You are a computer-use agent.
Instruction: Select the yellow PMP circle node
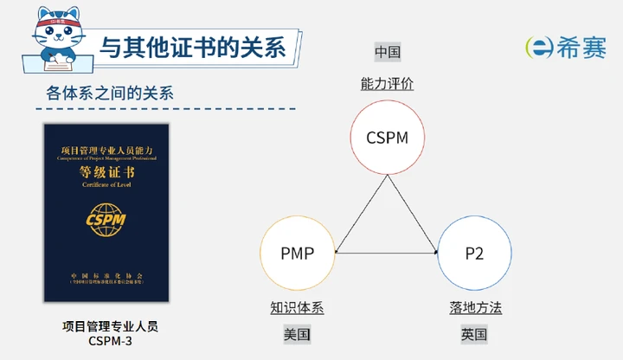click(297, 253)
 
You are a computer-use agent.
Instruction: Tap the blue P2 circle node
click(473, 253)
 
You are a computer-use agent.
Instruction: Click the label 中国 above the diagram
click(387, 52)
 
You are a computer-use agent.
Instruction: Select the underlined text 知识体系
click(297, 307)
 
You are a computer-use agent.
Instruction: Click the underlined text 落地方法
click(475, 307)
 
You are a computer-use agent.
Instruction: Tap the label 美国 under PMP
click(297, 334)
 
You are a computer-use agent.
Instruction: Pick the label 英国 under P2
click(474, 334)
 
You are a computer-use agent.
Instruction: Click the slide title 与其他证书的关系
click(193, 47)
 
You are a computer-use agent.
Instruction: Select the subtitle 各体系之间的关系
click(109, 93)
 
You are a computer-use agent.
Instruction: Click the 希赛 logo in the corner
click(567, 48)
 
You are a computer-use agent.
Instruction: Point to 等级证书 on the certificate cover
click(106, 172)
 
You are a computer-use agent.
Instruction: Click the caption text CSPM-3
click(110, 340)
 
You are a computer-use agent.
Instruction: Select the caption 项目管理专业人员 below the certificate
click(110, 326)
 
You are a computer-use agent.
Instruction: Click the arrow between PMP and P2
click(385, 253)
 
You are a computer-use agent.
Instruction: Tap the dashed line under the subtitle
click(164, 110)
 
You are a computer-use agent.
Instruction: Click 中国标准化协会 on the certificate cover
click(106, 274)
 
